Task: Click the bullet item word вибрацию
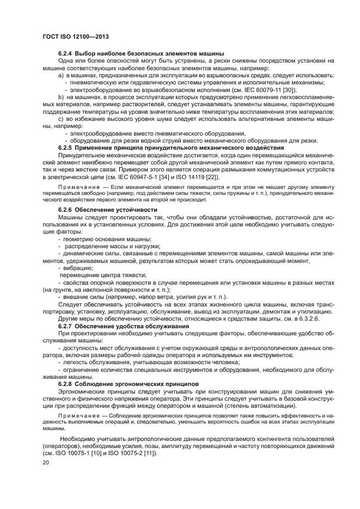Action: (78, 267)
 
